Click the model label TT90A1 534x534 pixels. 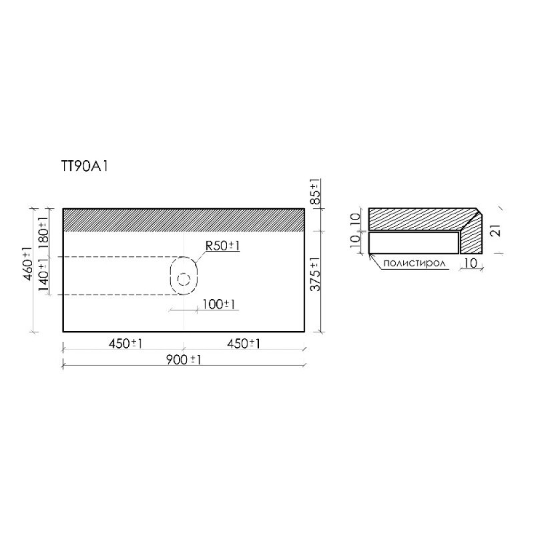(x=84, y=166)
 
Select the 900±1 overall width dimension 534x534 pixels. (x=184, y=360)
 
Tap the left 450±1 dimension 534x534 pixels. (x=125, y=344)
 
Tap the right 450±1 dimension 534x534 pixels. (x=244, y=344)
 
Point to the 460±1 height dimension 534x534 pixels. (x=28, y=264)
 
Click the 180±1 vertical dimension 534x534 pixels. (x=44, y=232)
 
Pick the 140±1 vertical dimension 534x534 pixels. (x=44, y=275)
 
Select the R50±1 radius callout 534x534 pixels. (x=222, y=246)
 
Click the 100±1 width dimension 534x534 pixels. (x=219, y=304)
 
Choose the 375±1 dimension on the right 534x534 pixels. (x=316, y=274)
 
